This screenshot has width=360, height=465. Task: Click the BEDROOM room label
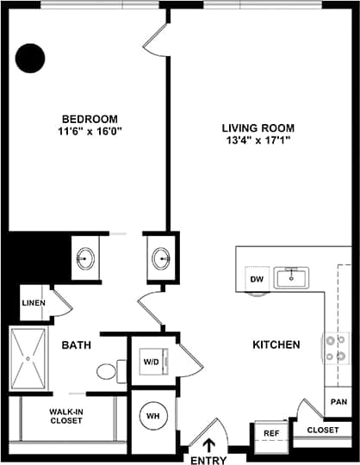pos(90,119)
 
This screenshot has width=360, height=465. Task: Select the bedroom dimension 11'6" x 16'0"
pos(90,133)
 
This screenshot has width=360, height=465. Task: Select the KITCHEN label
pos(276,344)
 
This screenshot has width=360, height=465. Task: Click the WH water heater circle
pos(152,416)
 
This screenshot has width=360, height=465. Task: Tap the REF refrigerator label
pos(270,434)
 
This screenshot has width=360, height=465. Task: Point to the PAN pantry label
pos(337,402)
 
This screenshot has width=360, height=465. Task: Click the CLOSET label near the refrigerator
pos(322,430)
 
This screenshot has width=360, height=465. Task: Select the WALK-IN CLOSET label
pos(65,416)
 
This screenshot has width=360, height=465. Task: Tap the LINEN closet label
pos(33,303)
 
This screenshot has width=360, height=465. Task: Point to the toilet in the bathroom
pos(107,371)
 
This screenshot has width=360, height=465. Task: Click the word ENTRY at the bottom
pos(207,458)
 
